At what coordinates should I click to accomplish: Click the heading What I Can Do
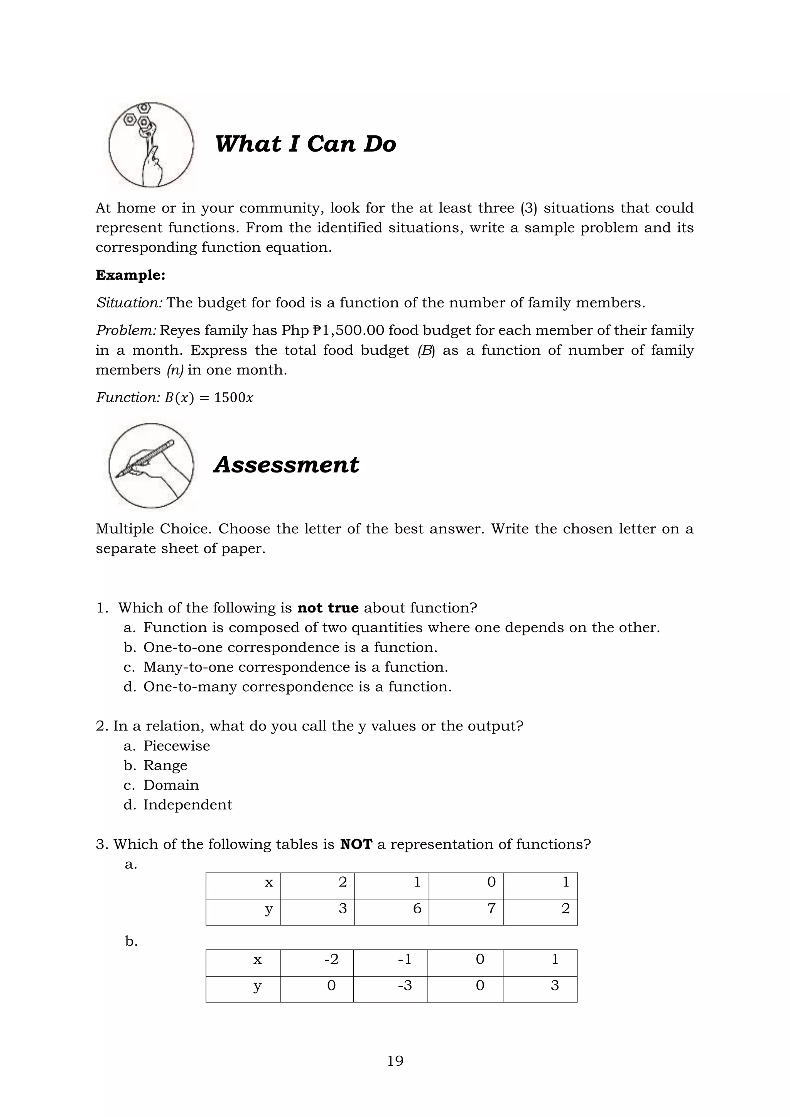pyautogui.click(x=305, y=144)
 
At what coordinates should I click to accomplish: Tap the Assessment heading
pyautogui.click(x=286, y=465)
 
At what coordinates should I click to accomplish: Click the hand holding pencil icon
pyautogui.click(x=151, y=466)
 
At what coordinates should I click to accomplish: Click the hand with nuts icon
pyautogui.click(x=151, y=145)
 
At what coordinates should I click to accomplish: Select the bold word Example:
pyautogui.click(x=130, y=275)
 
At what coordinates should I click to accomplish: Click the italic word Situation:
pyautogui.click(x=129, y=303)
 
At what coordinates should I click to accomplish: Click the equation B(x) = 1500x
pyautogui.click(x=209, y=398)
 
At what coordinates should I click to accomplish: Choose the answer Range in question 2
pyautogui.click(x=165, y=766)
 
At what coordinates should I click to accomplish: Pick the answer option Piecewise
pyautogui.click(x=176, y=746)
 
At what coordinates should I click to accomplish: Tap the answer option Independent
pyautogui.click(x=187, y=805)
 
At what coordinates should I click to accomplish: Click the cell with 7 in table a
pyautogui.click(x=466, y=908)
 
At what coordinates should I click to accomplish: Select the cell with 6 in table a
pyautogui.click(x=392, y=908)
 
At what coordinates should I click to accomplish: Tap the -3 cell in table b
pyautogui.click(x=391, y=985)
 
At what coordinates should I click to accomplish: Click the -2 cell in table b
pyautogui.click(x=317, y=959)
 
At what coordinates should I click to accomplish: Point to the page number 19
pyautogui.click(x=395, y=1061)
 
